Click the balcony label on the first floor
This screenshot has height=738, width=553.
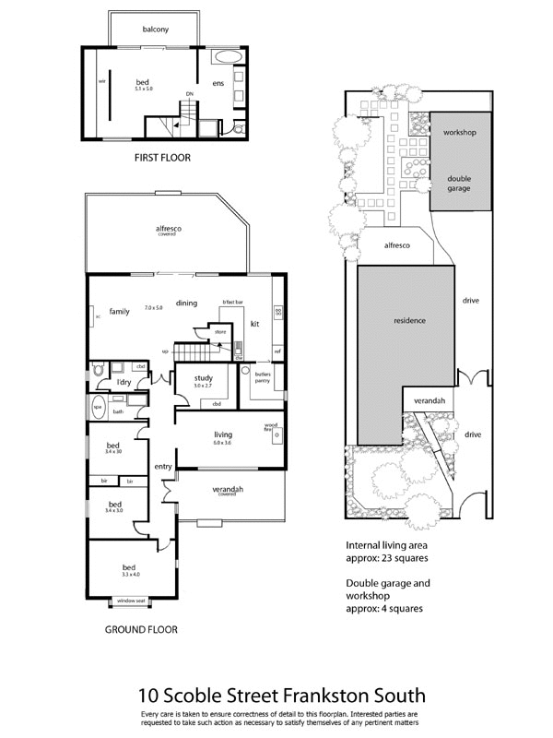point(155,30)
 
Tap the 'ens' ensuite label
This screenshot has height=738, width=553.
point(218,84)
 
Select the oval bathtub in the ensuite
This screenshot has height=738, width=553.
point(224,58)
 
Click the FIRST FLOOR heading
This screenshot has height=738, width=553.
point(162,158)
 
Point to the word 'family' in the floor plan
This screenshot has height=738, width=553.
point(118,311)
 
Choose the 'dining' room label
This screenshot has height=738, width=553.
point(188,303)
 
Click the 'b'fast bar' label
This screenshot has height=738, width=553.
point(232,302)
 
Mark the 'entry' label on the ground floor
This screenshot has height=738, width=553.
point(163,467)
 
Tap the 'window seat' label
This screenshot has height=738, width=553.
point(130,601)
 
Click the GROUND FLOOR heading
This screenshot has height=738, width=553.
point(141,630)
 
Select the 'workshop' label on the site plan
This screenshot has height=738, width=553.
point(459,133)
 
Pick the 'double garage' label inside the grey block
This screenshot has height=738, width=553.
point(459,183)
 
